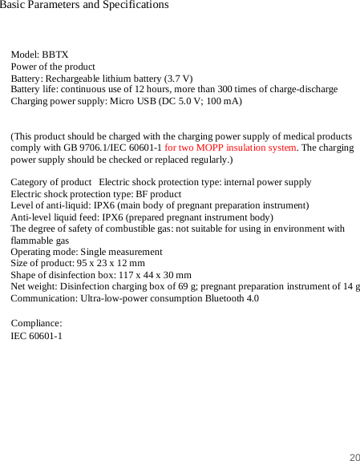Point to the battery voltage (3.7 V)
(178, 79)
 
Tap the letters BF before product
(142, 194)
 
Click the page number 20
(354, 457)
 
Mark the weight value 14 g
(352, 286)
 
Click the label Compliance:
(36, 324)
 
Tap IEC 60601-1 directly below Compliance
(36, 336)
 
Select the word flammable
(29, 240)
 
